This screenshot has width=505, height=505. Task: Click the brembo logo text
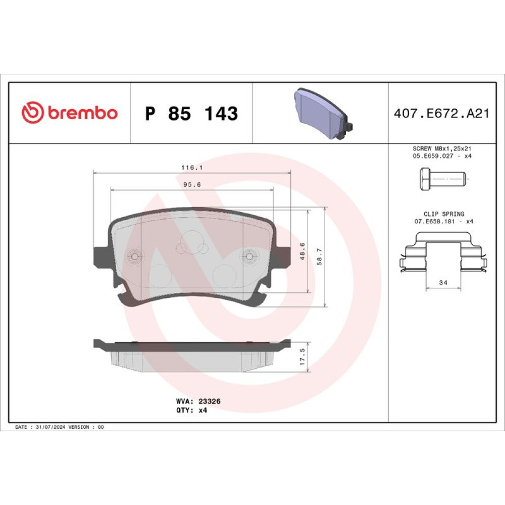83,113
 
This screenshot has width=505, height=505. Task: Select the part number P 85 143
191,113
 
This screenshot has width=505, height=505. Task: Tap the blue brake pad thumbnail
323,114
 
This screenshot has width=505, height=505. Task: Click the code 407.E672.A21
441,113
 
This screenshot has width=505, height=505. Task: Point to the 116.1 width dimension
192,168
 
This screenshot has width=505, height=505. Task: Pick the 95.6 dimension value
192,184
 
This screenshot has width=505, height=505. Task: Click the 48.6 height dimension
302,251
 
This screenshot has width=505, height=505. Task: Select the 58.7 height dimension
319,257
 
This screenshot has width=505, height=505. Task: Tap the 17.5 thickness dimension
302,357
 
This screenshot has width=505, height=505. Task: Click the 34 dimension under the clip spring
443,282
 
